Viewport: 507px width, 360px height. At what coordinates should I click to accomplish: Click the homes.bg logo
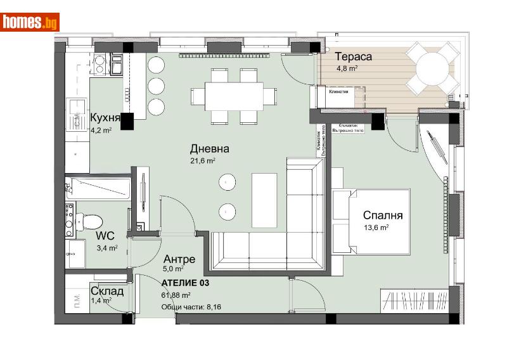(x=30, y=22)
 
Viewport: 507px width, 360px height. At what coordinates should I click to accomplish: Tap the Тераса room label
(x=354, y=57)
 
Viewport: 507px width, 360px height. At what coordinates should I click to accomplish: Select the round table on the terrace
(x=432, y=68)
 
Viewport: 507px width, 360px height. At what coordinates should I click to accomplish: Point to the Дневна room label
(x=209, y=150)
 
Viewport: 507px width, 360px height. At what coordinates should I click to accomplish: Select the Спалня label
(x=383, y=215)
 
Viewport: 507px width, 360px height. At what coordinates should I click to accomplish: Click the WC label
(x=105, y=236)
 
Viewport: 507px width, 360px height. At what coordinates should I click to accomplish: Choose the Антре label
(x=179, y=259)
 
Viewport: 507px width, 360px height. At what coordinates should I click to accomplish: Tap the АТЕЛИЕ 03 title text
(x=185, y=283)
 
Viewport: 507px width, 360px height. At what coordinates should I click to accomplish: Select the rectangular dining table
(x=234, y=96)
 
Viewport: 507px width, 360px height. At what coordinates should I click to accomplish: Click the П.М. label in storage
(x=75, y=299)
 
